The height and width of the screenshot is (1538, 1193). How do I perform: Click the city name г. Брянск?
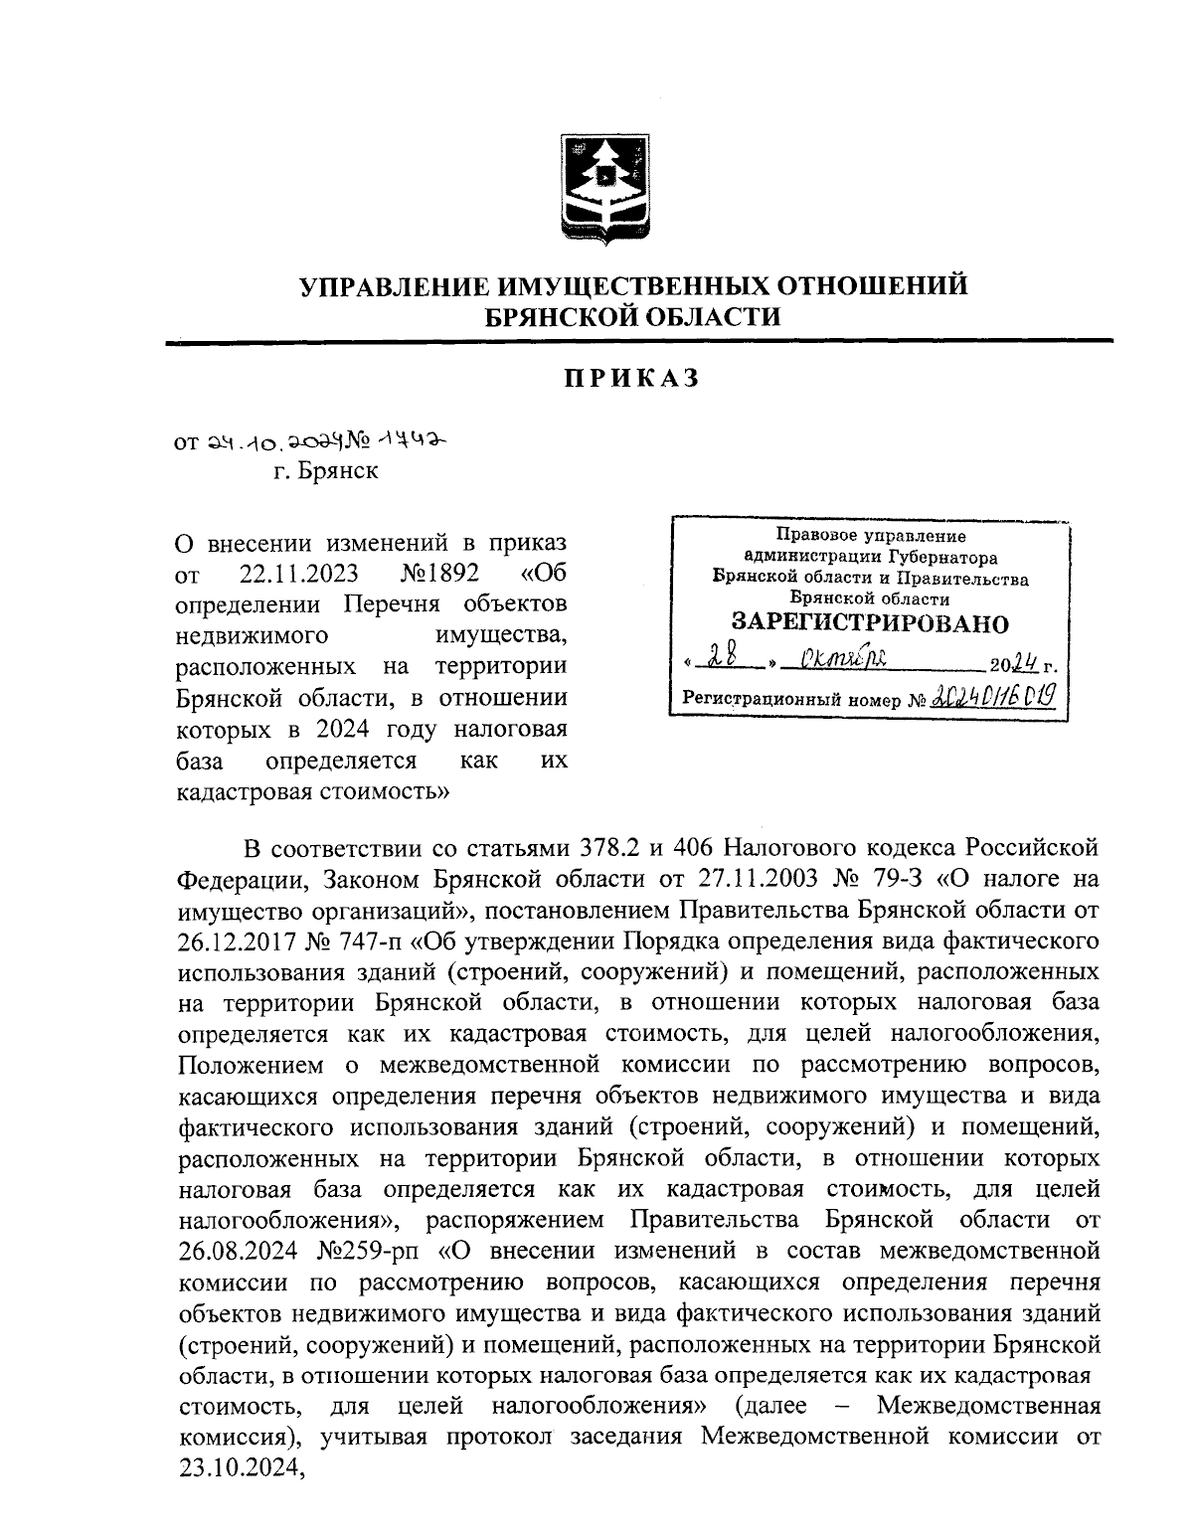327,471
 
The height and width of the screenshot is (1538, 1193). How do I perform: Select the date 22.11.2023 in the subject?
299,575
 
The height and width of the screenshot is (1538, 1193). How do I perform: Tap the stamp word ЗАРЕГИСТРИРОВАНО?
870,624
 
